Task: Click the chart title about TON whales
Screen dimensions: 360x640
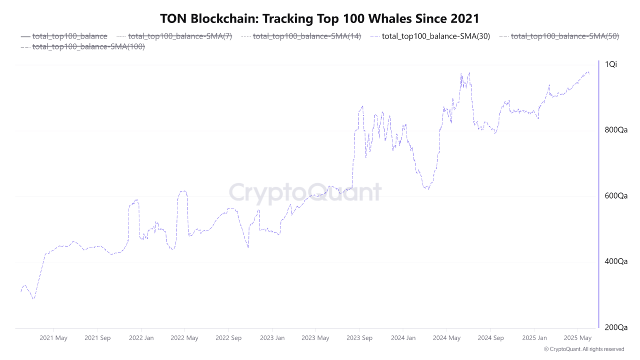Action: click(319, 18)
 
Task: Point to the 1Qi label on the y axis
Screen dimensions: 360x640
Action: click(611, 64)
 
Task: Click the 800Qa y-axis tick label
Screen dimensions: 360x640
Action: click(615, 130)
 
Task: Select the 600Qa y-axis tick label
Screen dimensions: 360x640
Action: click(615, 196)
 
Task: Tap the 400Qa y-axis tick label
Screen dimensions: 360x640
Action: click(615, 261)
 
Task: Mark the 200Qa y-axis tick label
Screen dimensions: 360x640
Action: click(615, 327)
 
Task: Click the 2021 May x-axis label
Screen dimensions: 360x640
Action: click(53, 338)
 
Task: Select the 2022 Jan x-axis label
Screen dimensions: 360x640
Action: click(141, 338)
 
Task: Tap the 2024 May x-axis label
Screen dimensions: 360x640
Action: click(447, 338)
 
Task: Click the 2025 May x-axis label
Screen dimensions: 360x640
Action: click(577, 338)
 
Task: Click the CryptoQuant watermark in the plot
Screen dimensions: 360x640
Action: click(305, 192)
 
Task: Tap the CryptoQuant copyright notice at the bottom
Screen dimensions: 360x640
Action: click(583, 349)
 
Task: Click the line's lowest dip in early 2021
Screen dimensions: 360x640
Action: click(33, 299)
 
